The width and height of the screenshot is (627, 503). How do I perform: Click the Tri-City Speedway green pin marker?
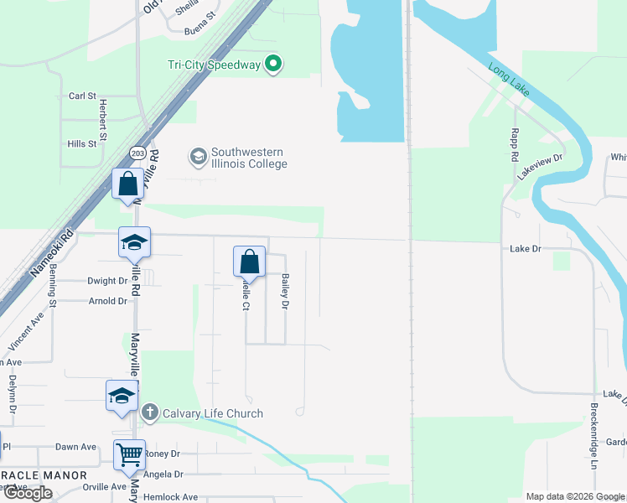click(x=272, y=63)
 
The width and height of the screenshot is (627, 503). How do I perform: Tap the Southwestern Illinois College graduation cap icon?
click(x=198, y=156)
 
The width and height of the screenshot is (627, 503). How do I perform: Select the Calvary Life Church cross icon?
click(x=149, y=412)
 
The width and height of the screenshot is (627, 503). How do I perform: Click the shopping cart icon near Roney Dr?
click(x=130, y=455)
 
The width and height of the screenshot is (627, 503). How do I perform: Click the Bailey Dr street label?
click(x=285, y=293)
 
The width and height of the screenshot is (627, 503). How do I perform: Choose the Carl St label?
click(x=83, y=96)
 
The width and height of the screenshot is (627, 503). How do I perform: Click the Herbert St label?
click(x=103, y=120)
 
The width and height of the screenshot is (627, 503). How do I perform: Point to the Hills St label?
click(x=82, y=144)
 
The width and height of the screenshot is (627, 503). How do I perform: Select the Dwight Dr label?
click(x=106, y=282)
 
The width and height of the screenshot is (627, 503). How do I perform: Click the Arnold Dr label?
click(x=107, y=301)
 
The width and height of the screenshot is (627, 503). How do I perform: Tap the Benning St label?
click(x=52, y=284)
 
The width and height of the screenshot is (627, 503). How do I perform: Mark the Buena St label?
click(x=200, y=32)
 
